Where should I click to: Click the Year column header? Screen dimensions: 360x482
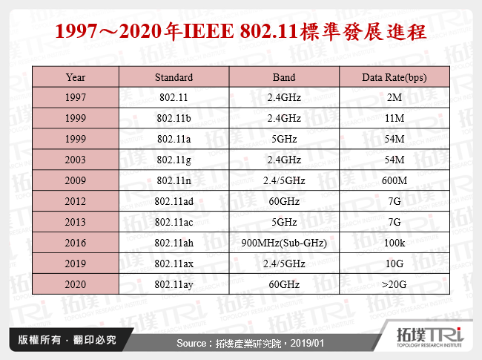point(75,77)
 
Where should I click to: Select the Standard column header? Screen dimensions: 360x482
point(174,77)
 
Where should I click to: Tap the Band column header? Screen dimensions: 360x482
point(284,77)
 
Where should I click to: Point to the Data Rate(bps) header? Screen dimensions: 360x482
point(395,77)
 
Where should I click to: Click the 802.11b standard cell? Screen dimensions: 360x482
point(174,118)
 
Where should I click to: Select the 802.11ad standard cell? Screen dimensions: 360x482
point(174,200)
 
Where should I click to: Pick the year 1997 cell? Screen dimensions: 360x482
point(75,97)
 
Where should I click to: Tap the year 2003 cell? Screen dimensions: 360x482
point(75,159)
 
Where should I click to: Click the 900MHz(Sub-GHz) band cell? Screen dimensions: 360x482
point(284,241)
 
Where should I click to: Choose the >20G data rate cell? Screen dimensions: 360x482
point(395,283)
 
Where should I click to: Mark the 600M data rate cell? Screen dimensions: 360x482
point(395,180)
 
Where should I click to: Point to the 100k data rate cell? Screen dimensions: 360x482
point(395,241)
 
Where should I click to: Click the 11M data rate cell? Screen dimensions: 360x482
point(395,118)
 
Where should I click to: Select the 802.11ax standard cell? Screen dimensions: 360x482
point(174,262)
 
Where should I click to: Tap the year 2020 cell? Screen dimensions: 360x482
point(75,283)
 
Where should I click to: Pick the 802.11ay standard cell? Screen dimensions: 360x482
point(174,283)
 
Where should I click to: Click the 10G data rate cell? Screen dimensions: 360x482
point(395,262)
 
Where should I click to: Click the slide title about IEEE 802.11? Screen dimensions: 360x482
point(241,32)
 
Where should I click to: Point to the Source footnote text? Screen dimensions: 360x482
point(240,344)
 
